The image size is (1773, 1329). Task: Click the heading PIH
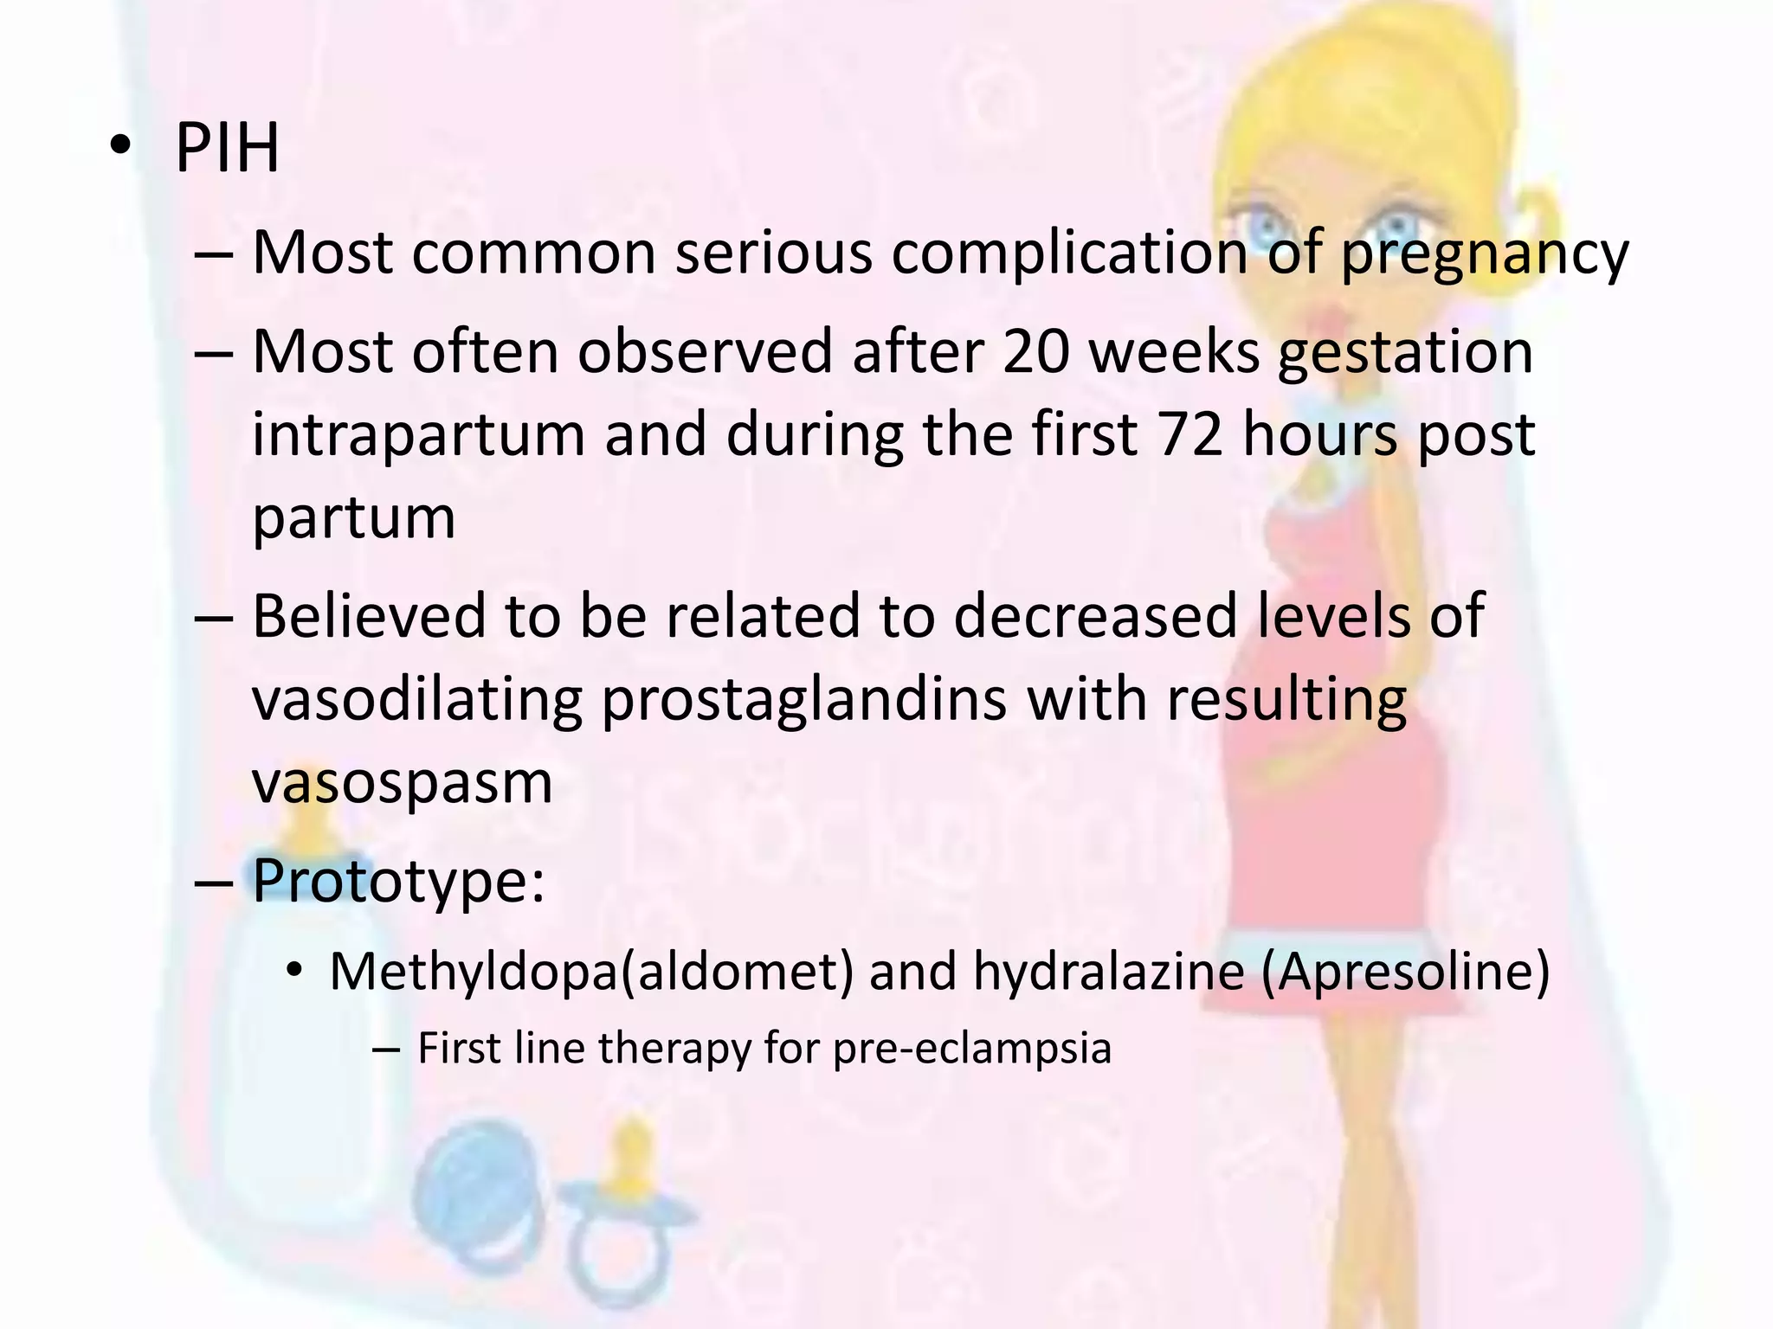pyautogui.click(x=227, y=149)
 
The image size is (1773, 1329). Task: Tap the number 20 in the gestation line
pyautogui.click(x=1036, y=352)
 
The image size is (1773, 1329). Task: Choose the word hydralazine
pyautogui.click(x=1108, y=972)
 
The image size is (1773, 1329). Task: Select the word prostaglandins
pyautogui.click(x=803, y=699)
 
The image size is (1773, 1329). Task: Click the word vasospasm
pyautogui.click(x=402, y=781)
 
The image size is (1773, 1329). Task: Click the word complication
pyautogui.click(x=1068, y=253)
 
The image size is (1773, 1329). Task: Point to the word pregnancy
pyautogui.click(x=1484, y=254)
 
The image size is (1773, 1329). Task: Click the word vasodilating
pyautogui.click(x=416, y=699)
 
